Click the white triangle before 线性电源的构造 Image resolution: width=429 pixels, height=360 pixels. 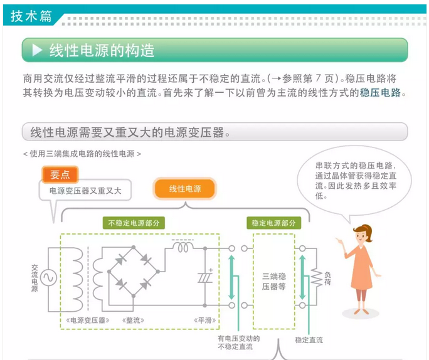pyautogui.click(x=37, y=50)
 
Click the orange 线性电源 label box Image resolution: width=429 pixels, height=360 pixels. pyautogui.click(x=185, y=189)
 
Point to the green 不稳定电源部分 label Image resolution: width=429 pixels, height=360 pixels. pyautogui.click(x=133, y=223)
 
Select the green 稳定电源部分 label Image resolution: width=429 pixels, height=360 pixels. pyautogui.click(x=273, y=223)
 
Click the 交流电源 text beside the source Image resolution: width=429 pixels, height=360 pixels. pyautogui.click(x=34, y=277)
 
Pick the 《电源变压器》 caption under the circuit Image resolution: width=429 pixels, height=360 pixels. pyautogui.click(x=87, y=320)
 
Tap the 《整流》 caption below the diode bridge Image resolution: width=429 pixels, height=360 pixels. pyautogui.click(x=135, y=320)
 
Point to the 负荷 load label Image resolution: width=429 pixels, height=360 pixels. pyautogui.click(x=327, y=278)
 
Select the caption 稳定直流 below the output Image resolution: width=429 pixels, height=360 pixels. pyautogui.click(x=309, y=340)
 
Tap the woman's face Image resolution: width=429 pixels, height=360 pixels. pyautogui.click(x=363, y=237)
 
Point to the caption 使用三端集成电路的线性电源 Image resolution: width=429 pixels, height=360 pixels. pyautogui.click(x=82, y=153)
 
